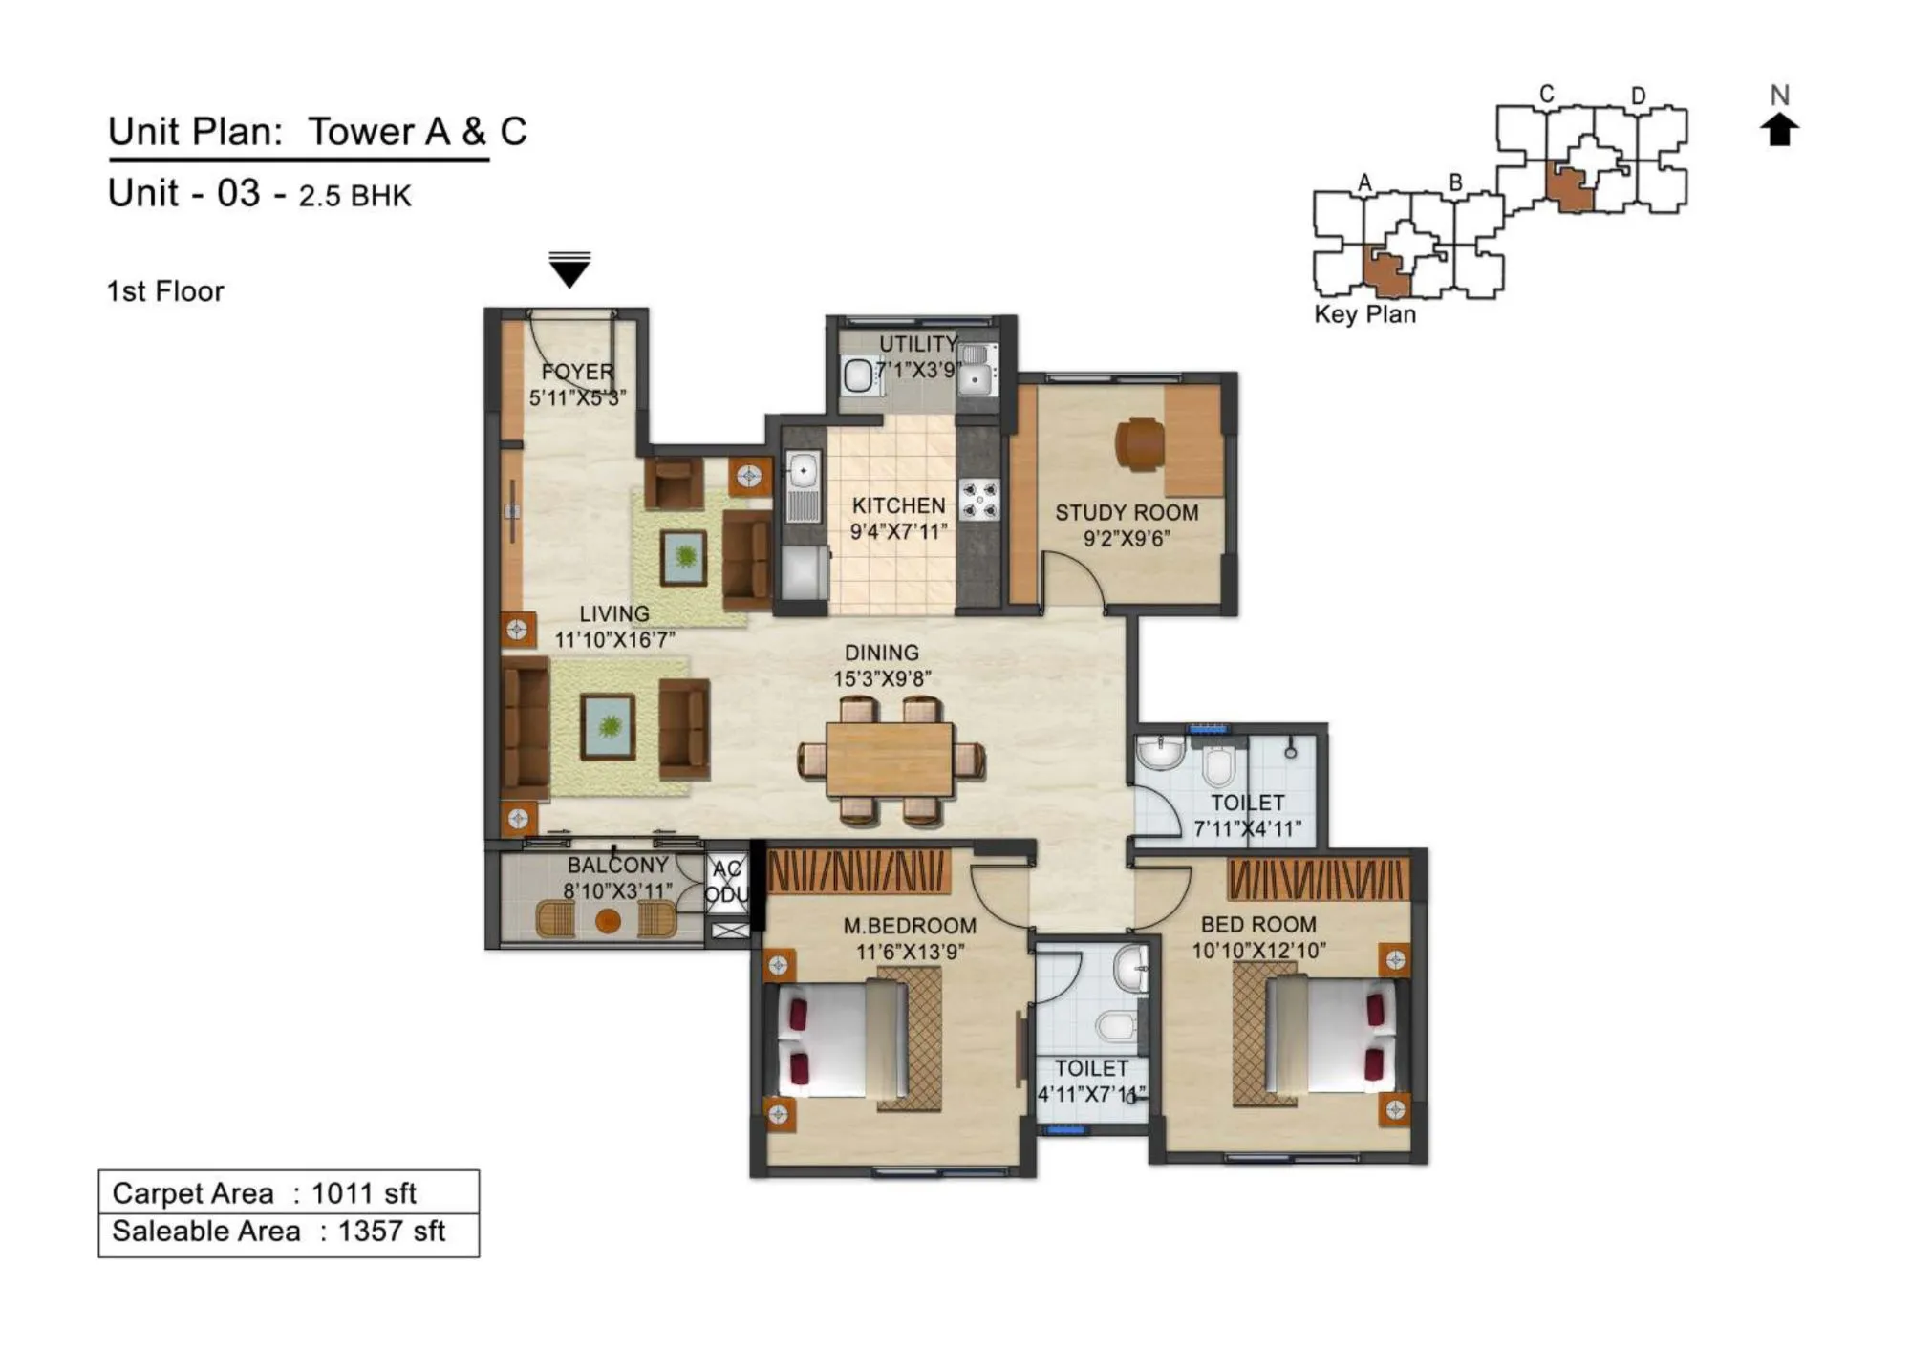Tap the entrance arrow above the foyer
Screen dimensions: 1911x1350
(x=569, y=270)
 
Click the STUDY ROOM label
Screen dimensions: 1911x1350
(x=1127, y=513)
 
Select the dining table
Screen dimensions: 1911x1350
(x=889, y=761)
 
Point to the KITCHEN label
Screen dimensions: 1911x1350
(x=898, y=505)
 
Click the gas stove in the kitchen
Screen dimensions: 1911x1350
(x=978, y=500)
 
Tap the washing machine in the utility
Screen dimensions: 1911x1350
(x=858, y=375)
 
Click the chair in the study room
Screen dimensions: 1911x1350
(x=1139, y=444)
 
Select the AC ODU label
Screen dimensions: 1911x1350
(x=726, y=882)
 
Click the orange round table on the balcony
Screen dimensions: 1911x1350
(x=608, y=922)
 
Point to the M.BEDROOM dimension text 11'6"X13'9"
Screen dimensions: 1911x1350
(x=910, y=952)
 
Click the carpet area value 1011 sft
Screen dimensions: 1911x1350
(x=364, y=1193)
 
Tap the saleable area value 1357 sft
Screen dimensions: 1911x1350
(x=392, y=1232)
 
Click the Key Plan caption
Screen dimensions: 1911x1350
(x=1364, y=314)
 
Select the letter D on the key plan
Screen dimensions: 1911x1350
(x=1638, y=96)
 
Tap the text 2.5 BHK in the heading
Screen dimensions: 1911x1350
(x=354, y=196)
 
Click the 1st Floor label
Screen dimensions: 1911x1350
(x=165, y=291)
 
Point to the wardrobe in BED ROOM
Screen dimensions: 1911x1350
(x=1319, y=879)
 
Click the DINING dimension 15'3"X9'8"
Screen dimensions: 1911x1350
(x=881, y=679)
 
